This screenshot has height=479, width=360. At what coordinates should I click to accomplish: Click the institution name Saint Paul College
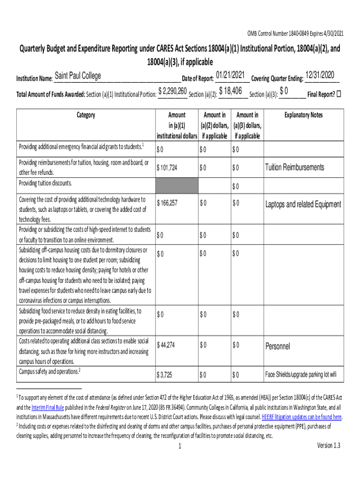(x=78, y=76)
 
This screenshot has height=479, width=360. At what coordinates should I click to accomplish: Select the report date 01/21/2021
(x=230, y=75)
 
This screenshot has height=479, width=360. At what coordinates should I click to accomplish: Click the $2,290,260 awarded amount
(x=173, y=91)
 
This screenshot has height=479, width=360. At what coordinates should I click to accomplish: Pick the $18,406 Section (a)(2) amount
(x=230, y=91)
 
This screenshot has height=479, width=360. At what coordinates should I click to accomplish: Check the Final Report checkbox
(x=339, y=94)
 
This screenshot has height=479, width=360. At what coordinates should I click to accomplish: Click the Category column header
(x=86, y=115)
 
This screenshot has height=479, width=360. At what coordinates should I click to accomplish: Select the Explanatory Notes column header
(x=304, y=115)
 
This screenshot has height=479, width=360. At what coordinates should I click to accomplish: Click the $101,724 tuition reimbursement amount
(x=167, y=167)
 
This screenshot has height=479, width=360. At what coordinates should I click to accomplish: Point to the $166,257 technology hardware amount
(x=167, y=203)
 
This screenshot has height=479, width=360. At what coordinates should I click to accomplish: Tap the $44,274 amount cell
(x=166, y=345)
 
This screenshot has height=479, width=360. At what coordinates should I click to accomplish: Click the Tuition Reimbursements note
(x=295, y=167)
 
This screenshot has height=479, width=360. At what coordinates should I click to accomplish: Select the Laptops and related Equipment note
(x=303, y=204)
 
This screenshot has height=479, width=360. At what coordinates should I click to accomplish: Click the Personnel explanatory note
(x=278, y=346)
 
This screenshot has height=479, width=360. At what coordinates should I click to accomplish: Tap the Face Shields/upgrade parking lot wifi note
(x=301, y=375)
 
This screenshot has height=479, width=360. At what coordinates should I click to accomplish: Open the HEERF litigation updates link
(x=302, y=417)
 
